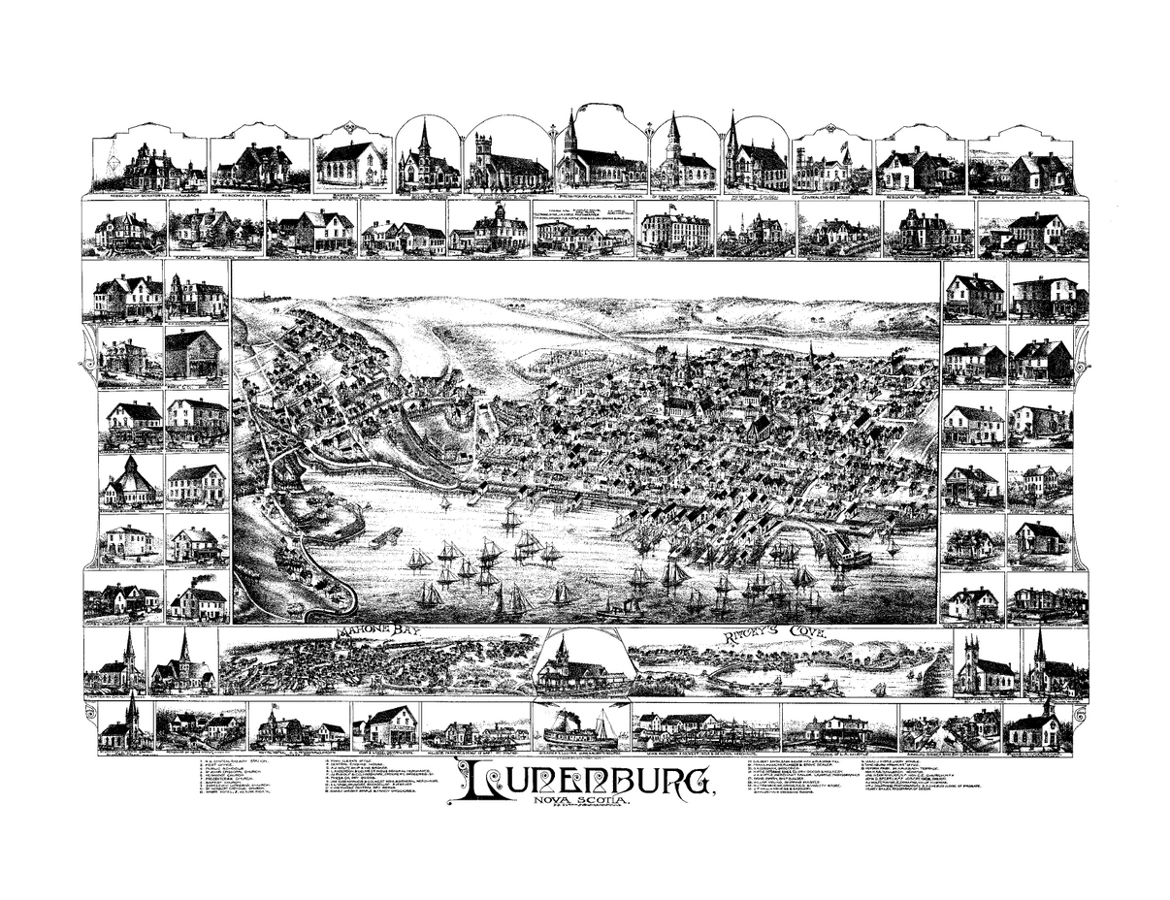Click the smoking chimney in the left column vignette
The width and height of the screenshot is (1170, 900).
(202, 580)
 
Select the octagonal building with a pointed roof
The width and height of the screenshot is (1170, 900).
(129, 481)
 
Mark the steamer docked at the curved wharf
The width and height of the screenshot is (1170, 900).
(852, 558)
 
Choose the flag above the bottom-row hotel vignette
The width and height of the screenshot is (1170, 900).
(275, 708)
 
